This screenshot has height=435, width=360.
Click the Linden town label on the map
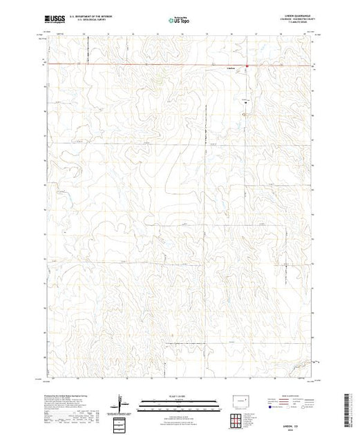[x=231, y=68]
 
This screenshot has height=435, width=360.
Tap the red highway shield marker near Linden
[x=247, y=66]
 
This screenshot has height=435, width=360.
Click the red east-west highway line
[x=138, y=65]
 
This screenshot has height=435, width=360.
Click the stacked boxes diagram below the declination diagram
[x=122, y=420]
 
